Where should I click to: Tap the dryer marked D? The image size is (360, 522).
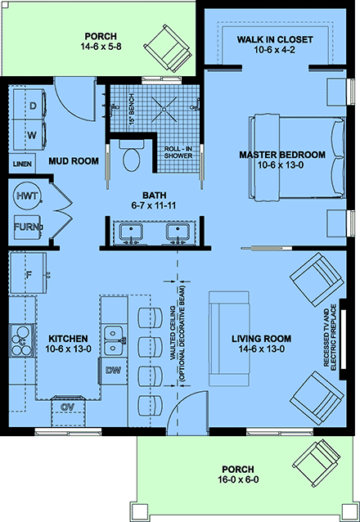(x=30, y=105)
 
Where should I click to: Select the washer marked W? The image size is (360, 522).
(x=30, y=135)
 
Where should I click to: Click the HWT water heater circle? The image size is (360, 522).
(x=27, y=196)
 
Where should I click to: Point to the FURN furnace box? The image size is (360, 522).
(x=27, y=227)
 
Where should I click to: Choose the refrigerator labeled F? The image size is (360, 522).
(x=29, y=273)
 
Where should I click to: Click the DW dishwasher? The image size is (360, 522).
(x=113, y=371)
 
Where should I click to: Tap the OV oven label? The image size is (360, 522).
(x=68, y=407)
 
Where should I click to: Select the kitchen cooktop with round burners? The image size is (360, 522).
(x=21, y=340)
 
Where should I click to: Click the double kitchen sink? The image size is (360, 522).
(x=114, y=340)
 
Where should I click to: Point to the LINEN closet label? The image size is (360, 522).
(x=22, y=164)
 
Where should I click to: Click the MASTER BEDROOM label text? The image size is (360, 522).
(x=282, y=155)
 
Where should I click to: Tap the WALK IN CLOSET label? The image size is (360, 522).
(x=275, y=39)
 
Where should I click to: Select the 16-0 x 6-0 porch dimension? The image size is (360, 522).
(x=238, y=479)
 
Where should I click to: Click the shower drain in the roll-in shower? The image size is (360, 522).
(x=164, y=109)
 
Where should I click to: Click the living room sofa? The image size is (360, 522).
(x=229, y=339)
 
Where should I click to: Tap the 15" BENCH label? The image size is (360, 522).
(x=132, y=109)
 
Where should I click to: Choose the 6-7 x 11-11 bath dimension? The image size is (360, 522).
(x=153, y=205)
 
